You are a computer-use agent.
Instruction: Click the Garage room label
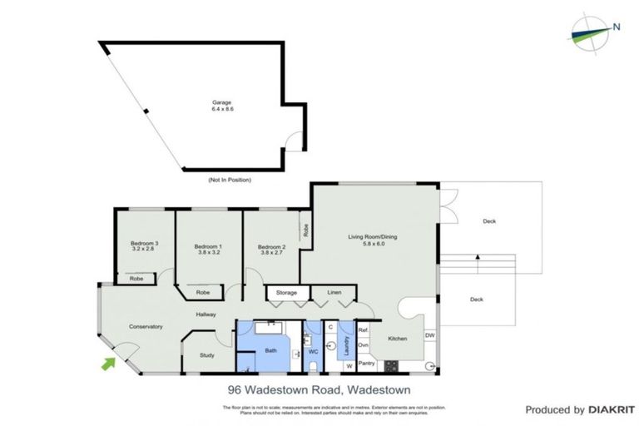tap(220, 107)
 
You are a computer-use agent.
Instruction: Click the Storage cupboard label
tap(287, 294)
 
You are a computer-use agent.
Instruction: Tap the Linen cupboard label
tap(334, 294)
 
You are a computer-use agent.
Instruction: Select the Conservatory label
tap(145, 326)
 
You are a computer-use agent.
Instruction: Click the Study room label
tap(207, 356)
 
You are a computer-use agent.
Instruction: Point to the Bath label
tap(270, 351)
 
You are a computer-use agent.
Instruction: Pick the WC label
tap(313, 352)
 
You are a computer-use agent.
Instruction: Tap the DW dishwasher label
tap(429, 335)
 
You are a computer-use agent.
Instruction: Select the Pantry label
tap(366, 364)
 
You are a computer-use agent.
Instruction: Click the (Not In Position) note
tap(229, 180)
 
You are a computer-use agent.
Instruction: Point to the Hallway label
tap(206, 315)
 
